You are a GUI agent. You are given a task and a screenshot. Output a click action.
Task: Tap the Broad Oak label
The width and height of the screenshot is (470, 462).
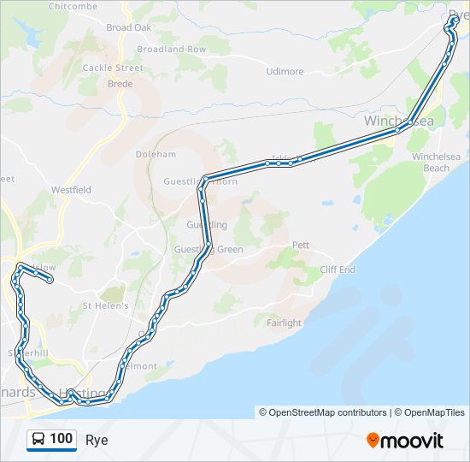point(128,27)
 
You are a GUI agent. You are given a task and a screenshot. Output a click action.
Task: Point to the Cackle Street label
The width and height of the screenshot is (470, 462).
point(113,68)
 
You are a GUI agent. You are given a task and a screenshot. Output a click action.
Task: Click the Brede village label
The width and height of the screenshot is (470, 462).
point(120,84)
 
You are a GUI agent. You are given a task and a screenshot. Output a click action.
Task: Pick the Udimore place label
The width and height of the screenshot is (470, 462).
point(285,72)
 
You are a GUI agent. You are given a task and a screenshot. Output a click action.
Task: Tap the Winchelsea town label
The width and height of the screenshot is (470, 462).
point(398,121)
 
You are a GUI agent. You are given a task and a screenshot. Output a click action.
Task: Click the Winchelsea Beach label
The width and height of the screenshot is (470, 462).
point(436,163)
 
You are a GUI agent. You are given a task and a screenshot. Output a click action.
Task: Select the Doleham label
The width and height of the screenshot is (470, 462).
point(156,155)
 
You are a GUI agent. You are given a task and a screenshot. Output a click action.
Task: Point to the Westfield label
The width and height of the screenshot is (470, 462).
point(71,189)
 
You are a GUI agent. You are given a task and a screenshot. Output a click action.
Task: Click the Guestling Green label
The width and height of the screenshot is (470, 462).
point(209,250)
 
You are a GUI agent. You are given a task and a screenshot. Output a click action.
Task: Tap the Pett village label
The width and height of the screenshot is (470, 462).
point(301,245)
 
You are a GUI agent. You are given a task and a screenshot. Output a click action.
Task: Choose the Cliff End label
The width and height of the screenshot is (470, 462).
point(338,269)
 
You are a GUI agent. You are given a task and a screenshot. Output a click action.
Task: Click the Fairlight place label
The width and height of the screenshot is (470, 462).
point(284,323)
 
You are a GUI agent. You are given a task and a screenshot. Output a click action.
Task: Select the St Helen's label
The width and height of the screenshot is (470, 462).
point(105,305)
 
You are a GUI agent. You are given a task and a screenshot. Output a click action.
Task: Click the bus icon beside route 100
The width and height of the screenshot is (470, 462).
point(38,440)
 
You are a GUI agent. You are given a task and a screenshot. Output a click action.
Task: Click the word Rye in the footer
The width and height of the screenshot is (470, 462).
point(97,441)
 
